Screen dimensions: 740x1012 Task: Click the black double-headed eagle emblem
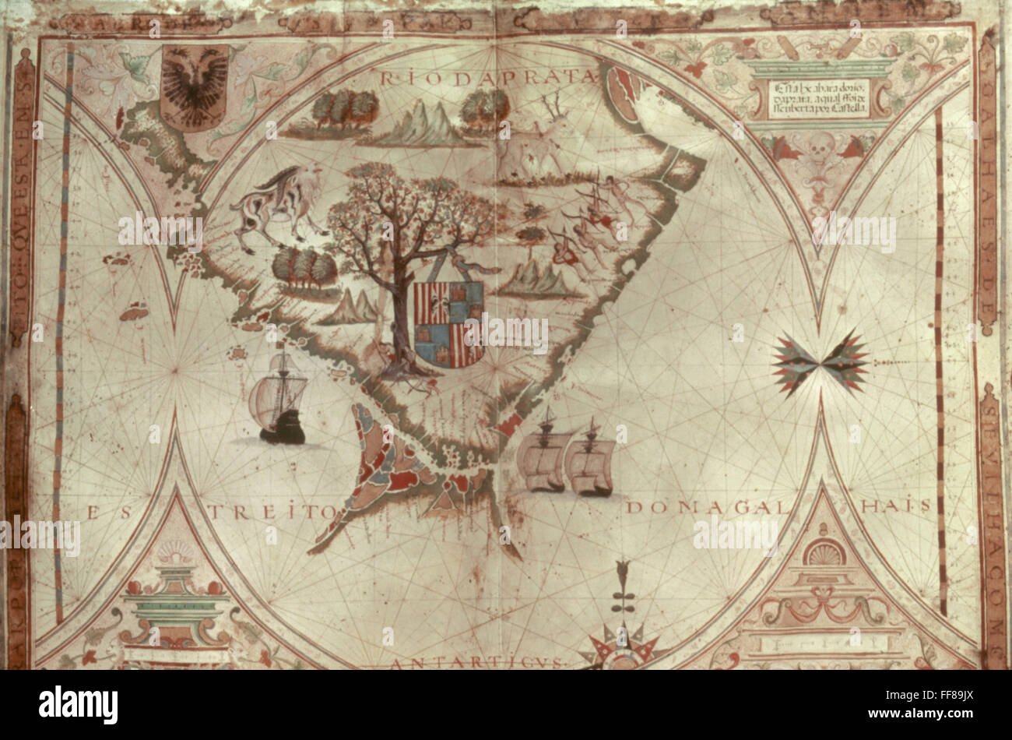tap(194, 85)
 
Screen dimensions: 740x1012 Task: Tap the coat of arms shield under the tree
tap(448, 322)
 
